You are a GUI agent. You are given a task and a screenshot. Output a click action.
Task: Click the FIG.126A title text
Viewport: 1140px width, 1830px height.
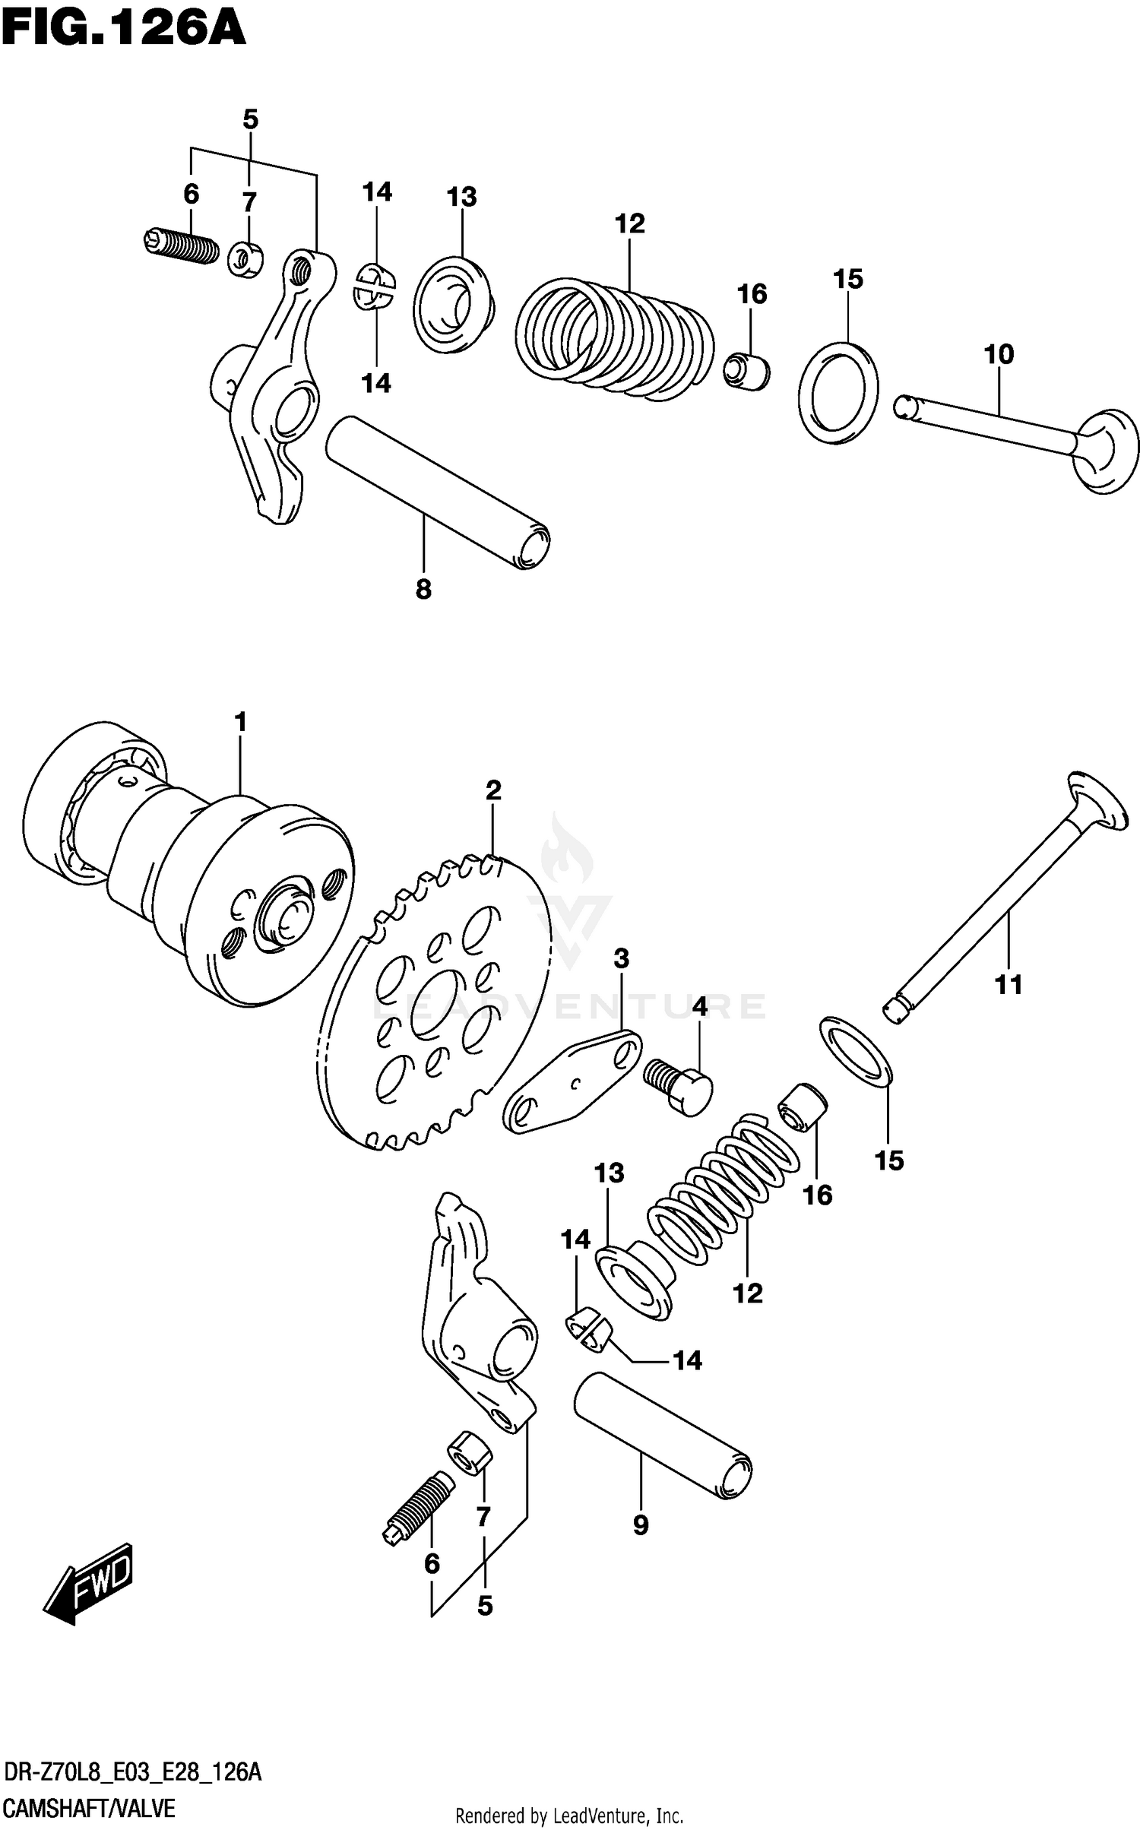tap(123, 30)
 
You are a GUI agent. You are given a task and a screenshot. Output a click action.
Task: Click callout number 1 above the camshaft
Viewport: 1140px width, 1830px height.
tap(241, 722)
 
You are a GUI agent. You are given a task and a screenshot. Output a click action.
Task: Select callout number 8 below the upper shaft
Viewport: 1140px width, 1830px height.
tap(423, 589)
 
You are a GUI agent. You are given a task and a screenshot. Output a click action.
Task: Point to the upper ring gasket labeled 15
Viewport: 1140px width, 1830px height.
tap(838, 393)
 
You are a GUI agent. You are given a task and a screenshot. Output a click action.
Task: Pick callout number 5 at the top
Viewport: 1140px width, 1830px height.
tap(250, 119)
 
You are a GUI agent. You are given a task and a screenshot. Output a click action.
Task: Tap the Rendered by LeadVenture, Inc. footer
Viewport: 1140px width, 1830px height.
tap(569, 1815)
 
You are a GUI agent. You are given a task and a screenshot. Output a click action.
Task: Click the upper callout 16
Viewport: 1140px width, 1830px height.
tap(752, 294)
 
